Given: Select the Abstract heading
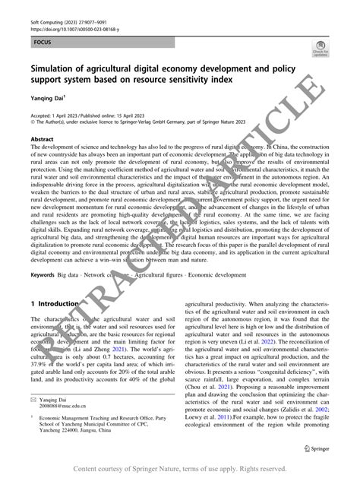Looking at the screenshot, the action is pos(42,139).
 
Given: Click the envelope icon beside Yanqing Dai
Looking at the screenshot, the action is pos(33,397).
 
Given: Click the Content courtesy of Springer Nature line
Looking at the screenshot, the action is pos(179,468).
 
